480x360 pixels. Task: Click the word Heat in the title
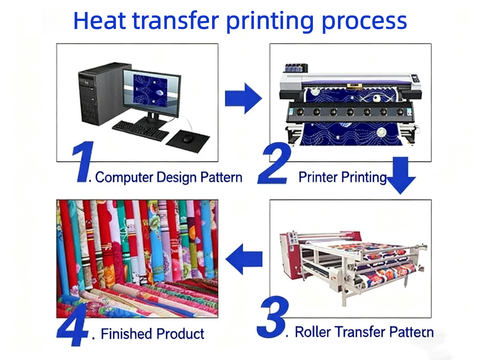click(x=99, y=21)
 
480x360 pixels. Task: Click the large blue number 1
click(x=82, y=161)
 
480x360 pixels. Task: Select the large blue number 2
click(x=274, y=163)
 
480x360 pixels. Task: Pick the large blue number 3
click(x=273, y=317)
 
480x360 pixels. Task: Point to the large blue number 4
click(x=72, y=324)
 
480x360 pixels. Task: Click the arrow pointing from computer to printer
click(x=243, y=98)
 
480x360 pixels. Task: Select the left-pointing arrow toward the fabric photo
click(x=244, y=259)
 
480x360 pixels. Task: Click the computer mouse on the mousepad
click(x=188, y=139)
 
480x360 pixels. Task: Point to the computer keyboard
click(x=140, y=130)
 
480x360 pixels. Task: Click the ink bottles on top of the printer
click(x=296, y=68)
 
